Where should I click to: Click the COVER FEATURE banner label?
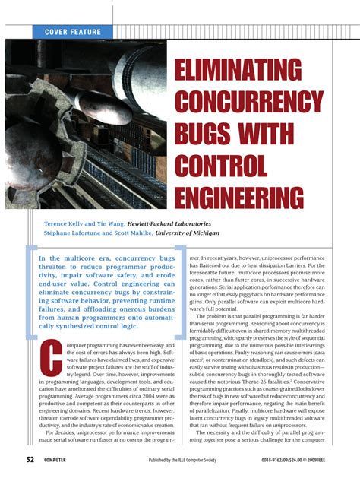click(73, 32)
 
